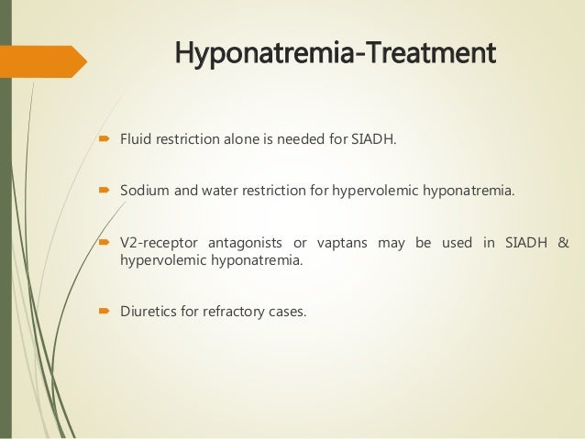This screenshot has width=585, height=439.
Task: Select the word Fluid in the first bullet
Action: coord(136,139)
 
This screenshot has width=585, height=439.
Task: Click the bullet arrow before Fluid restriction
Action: coord(105,140)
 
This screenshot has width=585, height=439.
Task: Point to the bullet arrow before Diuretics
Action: coord(105,312)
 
